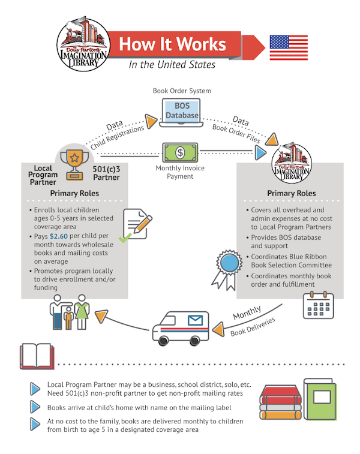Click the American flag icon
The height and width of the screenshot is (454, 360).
pos(289,47)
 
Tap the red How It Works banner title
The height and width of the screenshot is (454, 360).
pos(172,44)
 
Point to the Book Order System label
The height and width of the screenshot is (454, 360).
pos(181,91)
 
